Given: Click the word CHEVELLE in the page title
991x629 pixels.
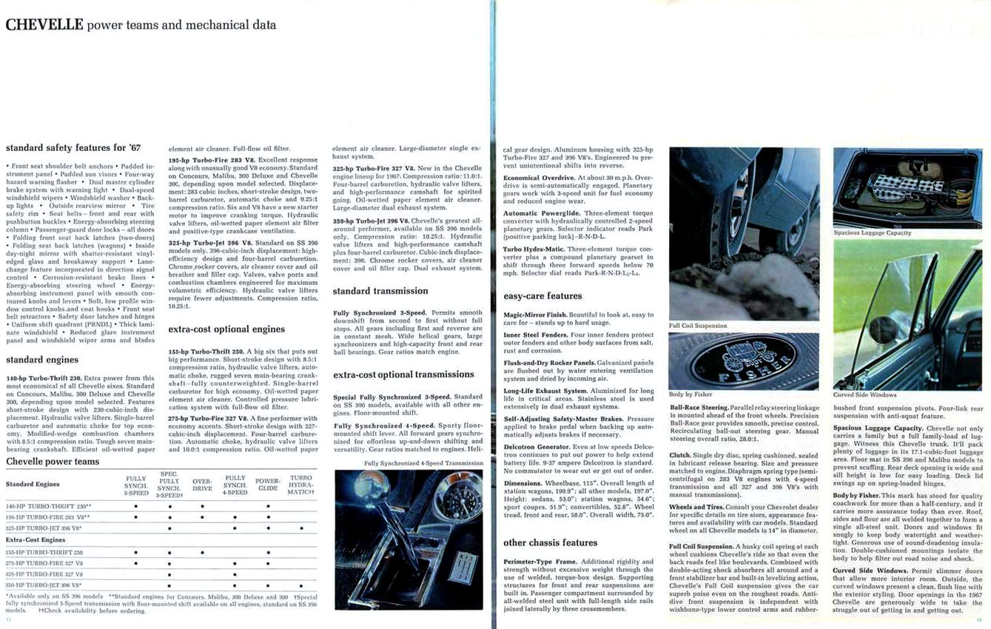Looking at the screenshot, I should [44, 24].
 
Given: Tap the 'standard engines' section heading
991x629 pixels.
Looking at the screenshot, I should [42, 360].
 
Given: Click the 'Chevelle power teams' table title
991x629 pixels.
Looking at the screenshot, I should [53, 461].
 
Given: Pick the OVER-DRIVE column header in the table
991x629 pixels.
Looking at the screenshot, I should [202, 485].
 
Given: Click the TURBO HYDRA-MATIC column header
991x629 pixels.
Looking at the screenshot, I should [300, 485].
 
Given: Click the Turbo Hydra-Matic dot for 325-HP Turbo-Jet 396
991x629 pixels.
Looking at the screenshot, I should [301, 528].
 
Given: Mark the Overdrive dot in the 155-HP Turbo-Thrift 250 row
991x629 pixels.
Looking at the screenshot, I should [202, 552].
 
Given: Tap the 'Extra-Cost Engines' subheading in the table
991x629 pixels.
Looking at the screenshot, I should [36, 540].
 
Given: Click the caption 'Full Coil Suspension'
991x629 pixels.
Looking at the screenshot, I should [698, 326].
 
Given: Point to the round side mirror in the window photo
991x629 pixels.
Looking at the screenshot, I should [883, 330].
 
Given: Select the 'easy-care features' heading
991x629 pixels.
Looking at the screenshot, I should [542, 296].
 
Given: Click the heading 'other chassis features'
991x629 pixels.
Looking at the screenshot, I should [551, 542].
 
